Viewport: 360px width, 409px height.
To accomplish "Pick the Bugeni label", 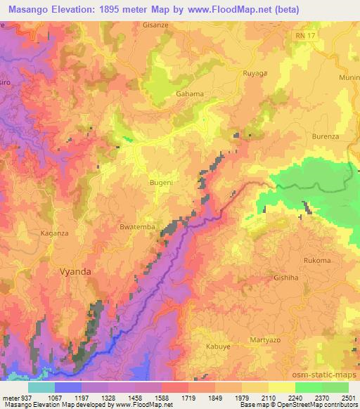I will pyautogui.click(x=162, y=182).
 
